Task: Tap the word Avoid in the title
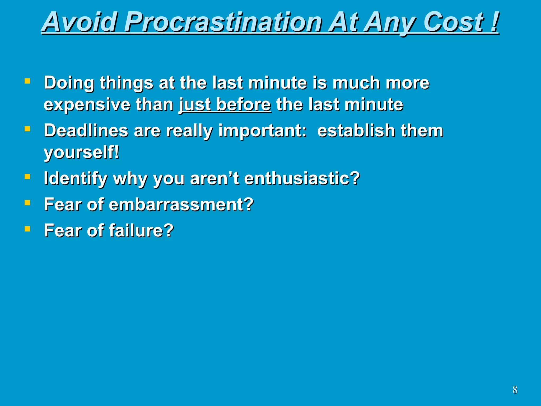click(79, 22)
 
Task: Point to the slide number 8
click(515, 390)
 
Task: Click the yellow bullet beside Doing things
click(27, 81)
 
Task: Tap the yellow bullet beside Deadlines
click(27, 129)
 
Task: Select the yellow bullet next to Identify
click(27, 176)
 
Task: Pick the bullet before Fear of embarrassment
click(27, 202)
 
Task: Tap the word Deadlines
click(86, 131)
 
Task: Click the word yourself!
click(81, 153)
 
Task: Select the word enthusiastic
click(302, 178)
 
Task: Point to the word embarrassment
click(181, 205)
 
